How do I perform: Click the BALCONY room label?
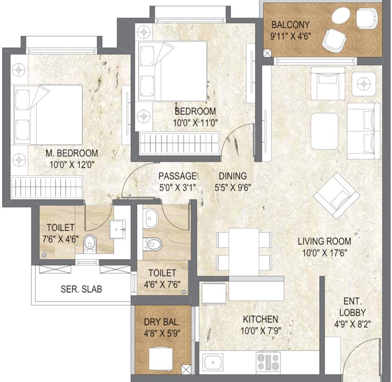point(290,24)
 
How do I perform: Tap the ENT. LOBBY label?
point(355,307)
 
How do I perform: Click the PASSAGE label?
point(178,176)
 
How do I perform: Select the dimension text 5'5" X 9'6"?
point(232,188)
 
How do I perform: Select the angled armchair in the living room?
point(336,194)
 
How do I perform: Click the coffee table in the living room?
point(324,128)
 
